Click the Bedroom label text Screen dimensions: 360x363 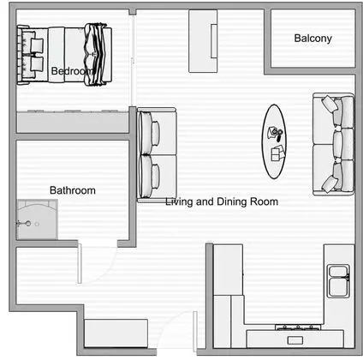tap(72, 71)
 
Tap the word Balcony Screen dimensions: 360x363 tap(312, 39)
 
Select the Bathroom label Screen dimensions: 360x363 tap(72, 190)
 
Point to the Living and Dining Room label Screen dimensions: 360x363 tap(222, 201)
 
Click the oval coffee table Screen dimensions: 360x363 tap(276, 141)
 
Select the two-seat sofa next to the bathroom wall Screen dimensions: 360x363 tap(156, 154)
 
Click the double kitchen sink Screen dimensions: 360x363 tap(337, 275)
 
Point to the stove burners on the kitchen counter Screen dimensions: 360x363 tap(296, 328)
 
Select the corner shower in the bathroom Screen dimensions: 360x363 tap(36, 219)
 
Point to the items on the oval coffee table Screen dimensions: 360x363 tap(277, 142)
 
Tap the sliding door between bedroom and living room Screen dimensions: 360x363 tap(134, 60)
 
